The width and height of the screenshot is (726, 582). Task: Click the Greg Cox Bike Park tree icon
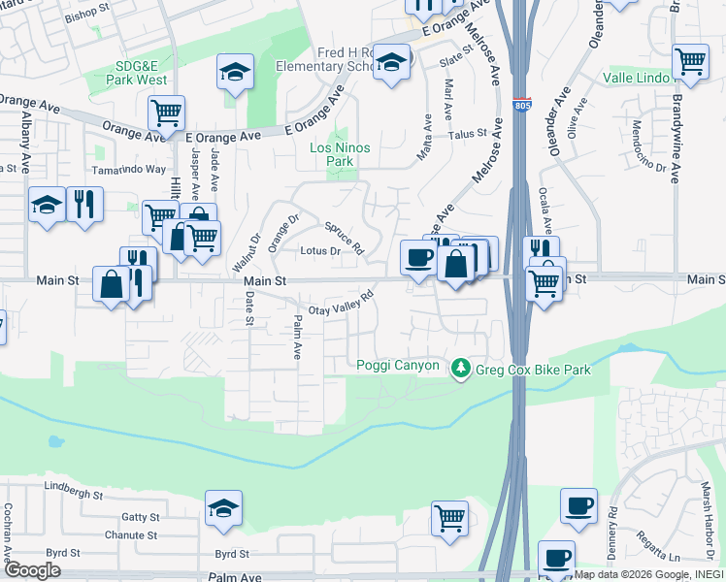(x=460, y=368)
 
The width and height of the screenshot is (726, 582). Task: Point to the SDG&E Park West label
(x=142, y=73)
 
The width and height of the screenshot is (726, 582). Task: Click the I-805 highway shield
(x=522, y=103)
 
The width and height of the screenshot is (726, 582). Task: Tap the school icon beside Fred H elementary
(x=391, y=63)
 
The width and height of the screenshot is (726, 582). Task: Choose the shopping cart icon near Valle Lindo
(x=690, y=60)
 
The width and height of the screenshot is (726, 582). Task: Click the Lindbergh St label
(x=73, y=494)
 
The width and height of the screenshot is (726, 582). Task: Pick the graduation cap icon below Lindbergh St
(x=223, y=507)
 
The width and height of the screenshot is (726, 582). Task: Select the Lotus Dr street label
(x=319, y=251)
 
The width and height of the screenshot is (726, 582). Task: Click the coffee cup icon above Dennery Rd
(x=579, y=505)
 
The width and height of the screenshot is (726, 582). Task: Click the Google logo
(x=32, y=570)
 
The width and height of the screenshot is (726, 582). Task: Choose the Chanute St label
(x=132, y=534)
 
